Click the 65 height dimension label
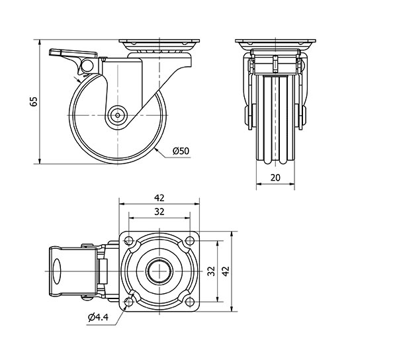point(34,101)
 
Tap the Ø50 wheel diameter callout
point(181,151)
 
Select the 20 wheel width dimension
point(275,178)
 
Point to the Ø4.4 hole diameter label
point(98,317)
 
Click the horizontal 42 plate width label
point(159,198)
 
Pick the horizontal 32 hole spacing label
point(159,212)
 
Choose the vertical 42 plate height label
point(225,271)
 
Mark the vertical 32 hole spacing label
point(211,271)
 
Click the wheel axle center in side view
point(118,115)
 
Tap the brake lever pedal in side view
point(73,53)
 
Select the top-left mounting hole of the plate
point(129,240)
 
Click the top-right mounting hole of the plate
point(190,240)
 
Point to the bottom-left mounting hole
point(129,302)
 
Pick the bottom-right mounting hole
point(190,302)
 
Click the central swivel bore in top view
point(159,271)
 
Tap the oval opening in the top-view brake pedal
point(57,271)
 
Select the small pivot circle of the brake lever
point(87,66)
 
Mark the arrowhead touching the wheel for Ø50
point(156,150)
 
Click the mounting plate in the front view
point(275,41)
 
